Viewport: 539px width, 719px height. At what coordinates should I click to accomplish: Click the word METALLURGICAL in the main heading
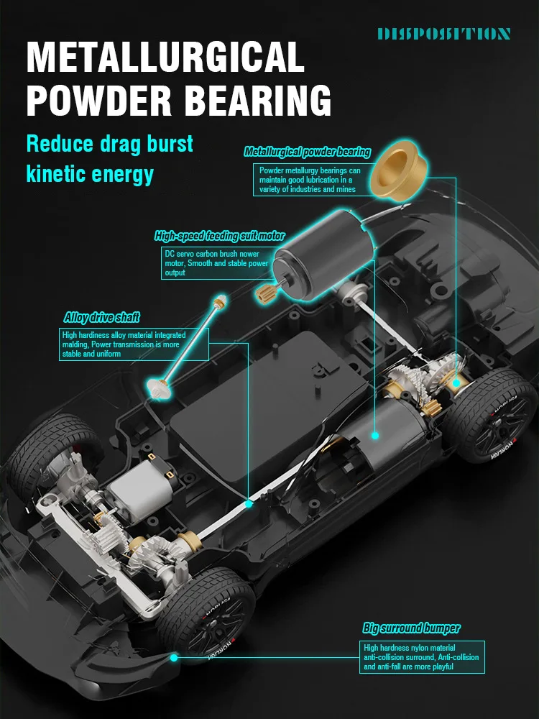[165, 58]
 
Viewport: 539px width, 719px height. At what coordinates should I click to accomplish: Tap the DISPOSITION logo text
[443, 34]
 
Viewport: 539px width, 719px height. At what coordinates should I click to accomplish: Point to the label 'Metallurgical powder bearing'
[307, 152]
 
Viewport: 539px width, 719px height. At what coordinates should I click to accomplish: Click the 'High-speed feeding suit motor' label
[219, 236]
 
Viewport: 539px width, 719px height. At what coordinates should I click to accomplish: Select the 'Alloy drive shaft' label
[101, 317]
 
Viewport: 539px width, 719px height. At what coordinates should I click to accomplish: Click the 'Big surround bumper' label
[411, 628]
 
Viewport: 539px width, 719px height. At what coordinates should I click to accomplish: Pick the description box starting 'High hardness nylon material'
[422, 657]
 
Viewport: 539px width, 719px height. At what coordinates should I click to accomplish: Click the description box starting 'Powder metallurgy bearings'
[308, 180]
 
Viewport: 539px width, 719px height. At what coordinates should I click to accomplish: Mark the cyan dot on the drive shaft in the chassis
[249, 504]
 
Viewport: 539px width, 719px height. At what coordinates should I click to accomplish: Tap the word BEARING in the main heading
[260, 101]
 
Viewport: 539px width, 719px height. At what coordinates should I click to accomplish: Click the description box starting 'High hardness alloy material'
[134, 344]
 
